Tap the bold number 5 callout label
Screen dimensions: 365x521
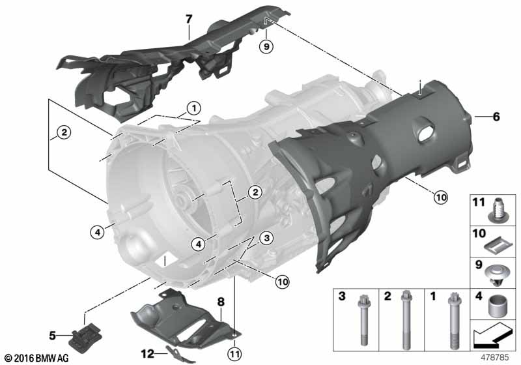(x=53, y=336)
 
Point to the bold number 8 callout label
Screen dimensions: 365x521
(x=220, y=302)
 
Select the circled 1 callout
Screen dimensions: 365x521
(x=193, y=108)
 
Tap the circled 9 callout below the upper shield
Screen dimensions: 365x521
(x=265, y=46)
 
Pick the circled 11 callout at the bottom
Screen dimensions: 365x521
(x=234, y=353)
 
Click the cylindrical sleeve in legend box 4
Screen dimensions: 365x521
(x=500, y=304)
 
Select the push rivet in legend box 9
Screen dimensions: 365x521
(x=500, y=272)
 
